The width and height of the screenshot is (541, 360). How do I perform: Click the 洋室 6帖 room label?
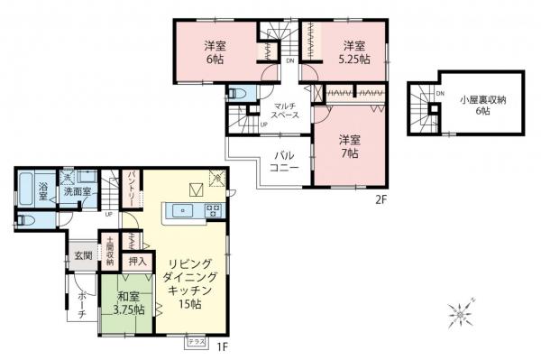[x=215, y=51]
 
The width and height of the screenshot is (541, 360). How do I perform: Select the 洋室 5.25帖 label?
[x=353, y=51]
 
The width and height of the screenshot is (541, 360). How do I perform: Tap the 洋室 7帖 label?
[x=350, y=146]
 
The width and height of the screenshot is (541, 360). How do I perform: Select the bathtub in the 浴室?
[x=26, y=190]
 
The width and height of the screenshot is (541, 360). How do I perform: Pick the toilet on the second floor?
[x=239, y=93]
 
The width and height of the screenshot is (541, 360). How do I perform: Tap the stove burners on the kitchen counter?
[x=213, y=212]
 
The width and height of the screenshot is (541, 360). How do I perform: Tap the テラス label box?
[x=196, y=341]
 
